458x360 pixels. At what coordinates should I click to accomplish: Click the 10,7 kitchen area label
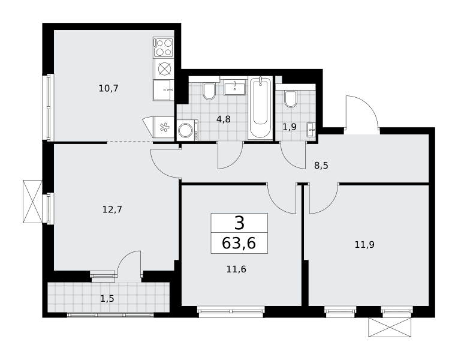[x=109, y=88]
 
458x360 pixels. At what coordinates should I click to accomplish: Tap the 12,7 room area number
[x=112, y=209]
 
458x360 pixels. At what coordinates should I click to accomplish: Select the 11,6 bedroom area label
[x=236, y=269]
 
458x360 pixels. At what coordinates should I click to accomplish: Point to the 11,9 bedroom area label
[x=364, y=244]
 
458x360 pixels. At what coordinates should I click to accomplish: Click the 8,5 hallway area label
[x=321, y=166]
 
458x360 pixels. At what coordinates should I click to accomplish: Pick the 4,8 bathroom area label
[x=224, y=119]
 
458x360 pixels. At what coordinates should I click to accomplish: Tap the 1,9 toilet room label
[x=290, y=127]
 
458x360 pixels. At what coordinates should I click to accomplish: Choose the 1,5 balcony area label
[x=107, y=299]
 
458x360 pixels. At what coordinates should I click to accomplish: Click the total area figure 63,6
[x=239, y=243]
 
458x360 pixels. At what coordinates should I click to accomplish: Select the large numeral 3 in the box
[x=239, y=223]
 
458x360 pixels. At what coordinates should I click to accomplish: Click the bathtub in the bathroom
[x=260, y=107]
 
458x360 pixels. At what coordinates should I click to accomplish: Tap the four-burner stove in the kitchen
[x=163, y=47]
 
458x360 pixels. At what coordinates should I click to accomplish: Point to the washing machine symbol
[x=187, y=130]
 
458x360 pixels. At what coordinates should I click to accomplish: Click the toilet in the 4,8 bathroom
[x=209, y=91]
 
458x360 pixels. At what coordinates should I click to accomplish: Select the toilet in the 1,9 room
[x=291, y=99]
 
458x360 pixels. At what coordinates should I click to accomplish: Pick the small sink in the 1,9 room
[x=311, y=130]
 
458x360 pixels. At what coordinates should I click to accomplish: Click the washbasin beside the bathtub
[x=235, y=88]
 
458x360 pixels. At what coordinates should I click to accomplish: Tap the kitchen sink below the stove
[x=164, y=90]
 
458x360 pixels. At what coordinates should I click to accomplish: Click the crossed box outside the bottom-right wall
[x=389, y=327]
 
